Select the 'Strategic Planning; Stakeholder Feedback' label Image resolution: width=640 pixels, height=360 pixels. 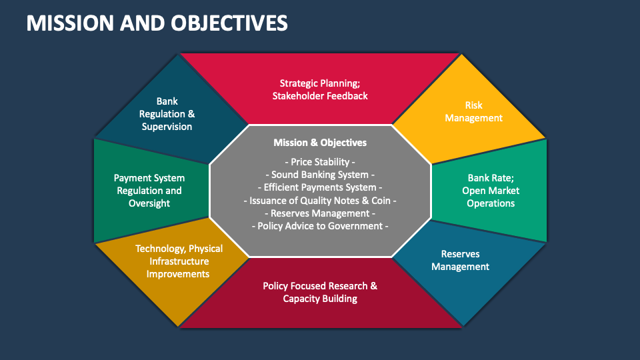(320, 89)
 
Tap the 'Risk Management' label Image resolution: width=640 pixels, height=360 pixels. (473, 111)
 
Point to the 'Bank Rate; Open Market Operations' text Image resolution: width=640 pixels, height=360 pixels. (491, 191)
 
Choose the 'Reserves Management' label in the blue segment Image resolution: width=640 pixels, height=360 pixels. (460, 260)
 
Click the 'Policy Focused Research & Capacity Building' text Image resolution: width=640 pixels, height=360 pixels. (320, 292)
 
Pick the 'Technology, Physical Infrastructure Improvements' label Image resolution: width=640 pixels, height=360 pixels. (179, 261)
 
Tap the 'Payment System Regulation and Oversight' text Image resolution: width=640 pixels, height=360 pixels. (149, 191)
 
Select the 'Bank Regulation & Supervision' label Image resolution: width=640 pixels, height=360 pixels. (167, 114)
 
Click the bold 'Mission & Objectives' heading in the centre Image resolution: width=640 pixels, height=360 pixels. (320, 142)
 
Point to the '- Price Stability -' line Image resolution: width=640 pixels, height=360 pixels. (320, 162)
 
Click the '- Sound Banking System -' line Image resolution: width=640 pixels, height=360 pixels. (320, 175)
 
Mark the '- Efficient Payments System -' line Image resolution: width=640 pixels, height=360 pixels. (320, 187)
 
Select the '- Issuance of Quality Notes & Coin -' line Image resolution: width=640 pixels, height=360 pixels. (320, 200)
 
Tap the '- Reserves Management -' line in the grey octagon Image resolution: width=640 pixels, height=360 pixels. (320, 213)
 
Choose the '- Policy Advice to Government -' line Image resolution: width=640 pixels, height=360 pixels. (320, 226)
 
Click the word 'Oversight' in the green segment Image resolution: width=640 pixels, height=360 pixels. (149, 203)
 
